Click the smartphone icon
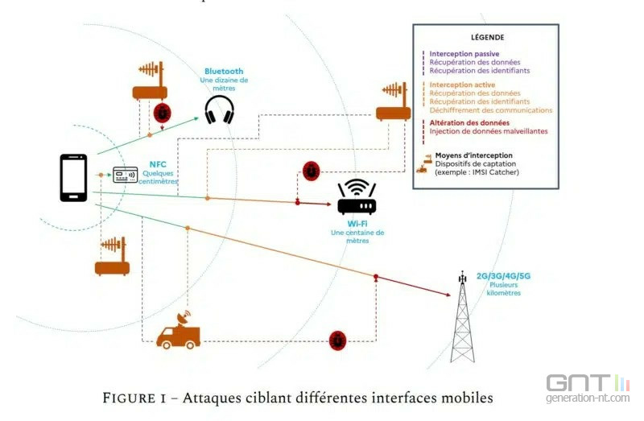pos(73,177)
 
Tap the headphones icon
pos(219,109)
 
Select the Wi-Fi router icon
pos(357,197)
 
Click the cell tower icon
pos(462,318)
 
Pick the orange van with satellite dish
pos(179,332)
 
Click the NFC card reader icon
pos(125,175)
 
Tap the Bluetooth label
pos(223,71)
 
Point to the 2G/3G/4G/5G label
pos(503,275)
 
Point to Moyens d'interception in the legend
pos(473,155)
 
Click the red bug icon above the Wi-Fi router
pos(311,171)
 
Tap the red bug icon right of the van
pos(338,341)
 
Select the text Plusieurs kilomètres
pos(503,288)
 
